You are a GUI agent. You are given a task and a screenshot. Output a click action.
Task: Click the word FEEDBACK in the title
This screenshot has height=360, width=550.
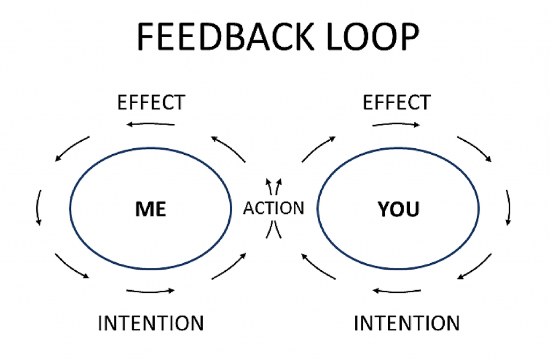point(225,37)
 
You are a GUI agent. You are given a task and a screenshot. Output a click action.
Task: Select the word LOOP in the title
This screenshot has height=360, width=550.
point(373,37)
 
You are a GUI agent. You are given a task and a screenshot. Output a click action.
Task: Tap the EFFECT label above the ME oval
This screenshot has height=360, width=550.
point(151,103)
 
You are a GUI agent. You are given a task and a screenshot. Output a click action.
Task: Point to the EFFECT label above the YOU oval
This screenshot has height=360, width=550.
point(396,103)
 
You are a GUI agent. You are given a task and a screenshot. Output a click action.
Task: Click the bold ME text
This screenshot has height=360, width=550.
point(150,209)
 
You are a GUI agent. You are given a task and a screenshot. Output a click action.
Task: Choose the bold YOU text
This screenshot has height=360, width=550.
point(399,209)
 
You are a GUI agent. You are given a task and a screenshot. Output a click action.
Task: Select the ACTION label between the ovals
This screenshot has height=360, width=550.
point(273,208)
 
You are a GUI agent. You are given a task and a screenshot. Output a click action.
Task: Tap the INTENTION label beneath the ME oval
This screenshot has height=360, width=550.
point(151,323)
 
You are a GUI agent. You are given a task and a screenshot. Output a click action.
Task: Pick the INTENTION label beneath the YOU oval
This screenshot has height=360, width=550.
point(407,323)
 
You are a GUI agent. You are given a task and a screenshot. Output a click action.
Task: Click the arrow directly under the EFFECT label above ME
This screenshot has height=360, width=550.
point(150,124)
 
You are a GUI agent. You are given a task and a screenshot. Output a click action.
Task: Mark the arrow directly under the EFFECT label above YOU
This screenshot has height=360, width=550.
point(396,124)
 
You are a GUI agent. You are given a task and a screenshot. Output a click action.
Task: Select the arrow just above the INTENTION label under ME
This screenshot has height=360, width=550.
point(150,291)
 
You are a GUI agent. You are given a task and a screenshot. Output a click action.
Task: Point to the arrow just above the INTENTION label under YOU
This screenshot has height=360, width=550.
point(397,291)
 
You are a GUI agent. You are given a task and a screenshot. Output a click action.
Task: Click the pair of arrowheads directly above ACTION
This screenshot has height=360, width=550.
point(273,186)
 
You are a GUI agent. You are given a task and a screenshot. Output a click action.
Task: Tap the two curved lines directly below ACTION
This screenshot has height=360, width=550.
point(273,229)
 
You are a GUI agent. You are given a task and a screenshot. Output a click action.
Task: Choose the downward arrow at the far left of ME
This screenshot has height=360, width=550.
point(38,208)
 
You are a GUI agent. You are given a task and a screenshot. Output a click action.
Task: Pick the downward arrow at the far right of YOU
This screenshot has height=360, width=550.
point(509,208)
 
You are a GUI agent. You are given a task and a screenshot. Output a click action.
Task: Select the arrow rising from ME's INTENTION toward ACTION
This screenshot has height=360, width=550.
point(229,267)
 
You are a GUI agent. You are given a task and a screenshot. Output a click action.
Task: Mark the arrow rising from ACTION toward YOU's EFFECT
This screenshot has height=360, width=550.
point(319,149)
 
